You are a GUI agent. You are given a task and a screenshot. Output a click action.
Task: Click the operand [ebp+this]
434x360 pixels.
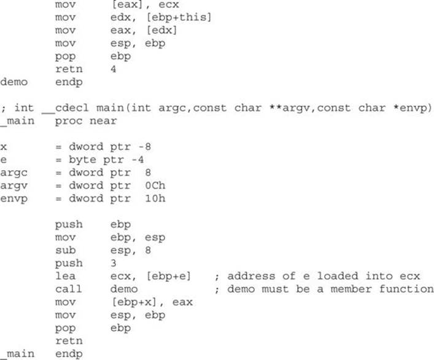click(x=179, y=17)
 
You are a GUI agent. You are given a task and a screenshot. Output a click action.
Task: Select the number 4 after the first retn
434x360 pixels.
click(x=114, y=69)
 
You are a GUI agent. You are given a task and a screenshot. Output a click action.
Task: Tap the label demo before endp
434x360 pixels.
click(x=14, y=82)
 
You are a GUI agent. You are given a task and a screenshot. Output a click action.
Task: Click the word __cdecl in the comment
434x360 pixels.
click(x=65, y=108)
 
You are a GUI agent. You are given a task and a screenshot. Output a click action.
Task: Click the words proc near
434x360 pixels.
click(x=86, y=121)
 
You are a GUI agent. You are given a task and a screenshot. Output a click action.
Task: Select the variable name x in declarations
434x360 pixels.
click(x=3, y=147)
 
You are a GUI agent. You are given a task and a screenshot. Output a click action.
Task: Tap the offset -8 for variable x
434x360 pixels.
click(x=145, y=146)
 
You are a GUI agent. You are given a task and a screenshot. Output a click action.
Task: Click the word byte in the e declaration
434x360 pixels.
click(x=82, y=160)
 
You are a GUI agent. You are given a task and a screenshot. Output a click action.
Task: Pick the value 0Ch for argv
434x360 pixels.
click(x=155, y=186)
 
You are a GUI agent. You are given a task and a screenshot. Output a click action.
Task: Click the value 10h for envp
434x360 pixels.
click(x=155, y=198)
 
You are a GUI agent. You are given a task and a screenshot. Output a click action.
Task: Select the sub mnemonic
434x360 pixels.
click(x=65, y=250)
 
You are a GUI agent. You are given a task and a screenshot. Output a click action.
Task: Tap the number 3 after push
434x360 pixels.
click(x=114, y=263)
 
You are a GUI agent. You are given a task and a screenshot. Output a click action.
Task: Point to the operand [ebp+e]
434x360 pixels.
click(x=169, y=276)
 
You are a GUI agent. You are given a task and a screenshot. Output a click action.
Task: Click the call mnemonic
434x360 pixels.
click(x=69, y=289)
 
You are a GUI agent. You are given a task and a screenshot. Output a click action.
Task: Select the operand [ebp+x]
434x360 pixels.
click(x=134, y=302)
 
